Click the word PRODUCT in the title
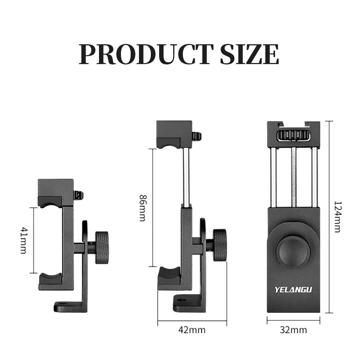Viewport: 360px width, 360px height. coord(145,54)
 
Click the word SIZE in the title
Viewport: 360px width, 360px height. coord(249,54)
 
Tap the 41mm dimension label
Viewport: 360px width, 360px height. coord(23,240)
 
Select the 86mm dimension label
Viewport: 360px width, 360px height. coord(143,208)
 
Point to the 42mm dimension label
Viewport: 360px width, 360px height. coord(192,330)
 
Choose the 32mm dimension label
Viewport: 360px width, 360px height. coord(293,330)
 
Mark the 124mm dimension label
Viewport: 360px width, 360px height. coord(337,217)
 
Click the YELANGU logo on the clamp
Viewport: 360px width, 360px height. coord(293,289)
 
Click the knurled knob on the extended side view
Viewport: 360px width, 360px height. coord(220,245)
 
